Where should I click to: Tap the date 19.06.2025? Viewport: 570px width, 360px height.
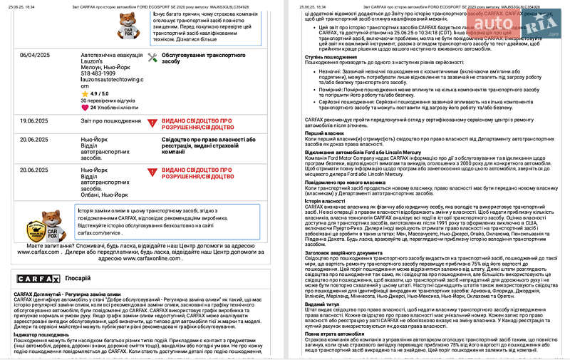34,121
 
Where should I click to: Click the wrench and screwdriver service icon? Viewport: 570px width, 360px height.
152,58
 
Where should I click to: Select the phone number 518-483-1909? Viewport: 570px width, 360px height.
98,73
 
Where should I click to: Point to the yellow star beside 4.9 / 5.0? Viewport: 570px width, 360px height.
85,93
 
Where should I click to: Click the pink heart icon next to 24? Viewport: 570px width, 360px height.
85,108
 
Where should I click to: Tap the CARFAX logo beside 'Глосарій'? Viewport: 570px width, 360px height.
33,279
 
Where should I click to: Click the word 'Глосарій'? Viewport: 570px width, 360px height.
78,279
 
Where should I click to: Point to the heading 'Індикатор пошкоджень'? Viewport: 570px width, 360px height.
41,334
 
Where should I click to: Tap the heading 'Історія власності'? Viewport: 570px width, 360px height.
326,201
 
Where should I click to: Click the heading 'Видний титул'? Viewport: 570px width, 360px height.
322,304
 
